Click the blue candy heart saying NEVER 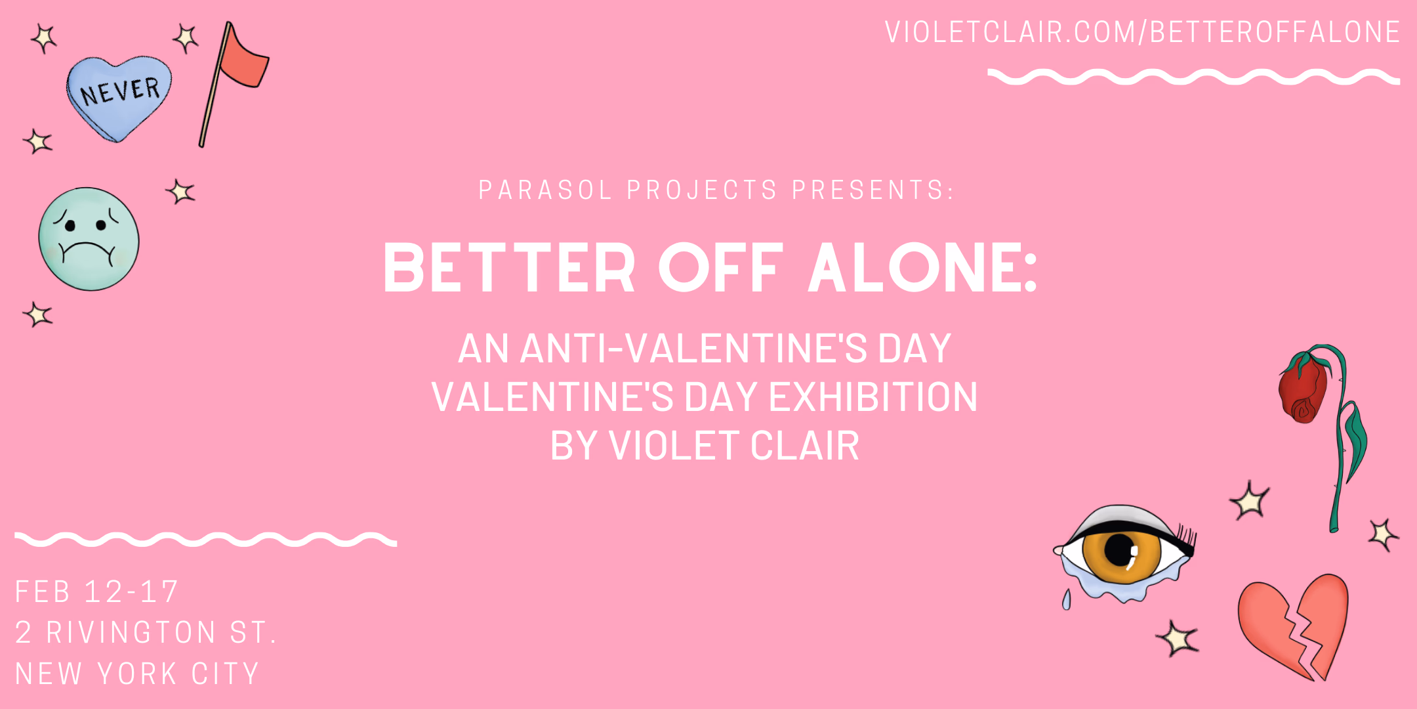(119, 97)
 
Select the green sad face (89, 239)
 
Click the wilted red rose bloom (1303, 389)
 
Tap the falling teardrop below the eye (1067, 599)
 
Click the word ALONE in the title (922, 268)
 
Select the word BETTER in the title (509, 268)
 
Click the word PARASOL (545, 190)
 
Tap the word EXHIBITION (873, 397)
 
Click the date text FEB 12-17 (97, 591)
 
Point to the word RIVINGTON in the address (131, 633)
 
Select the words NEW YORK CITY (137, 674)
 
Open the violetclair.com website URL (1142, 32)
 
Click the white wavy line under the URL (1194, 77)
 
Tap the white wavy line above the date (205, 540)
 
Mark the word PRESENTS (873, 190)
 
